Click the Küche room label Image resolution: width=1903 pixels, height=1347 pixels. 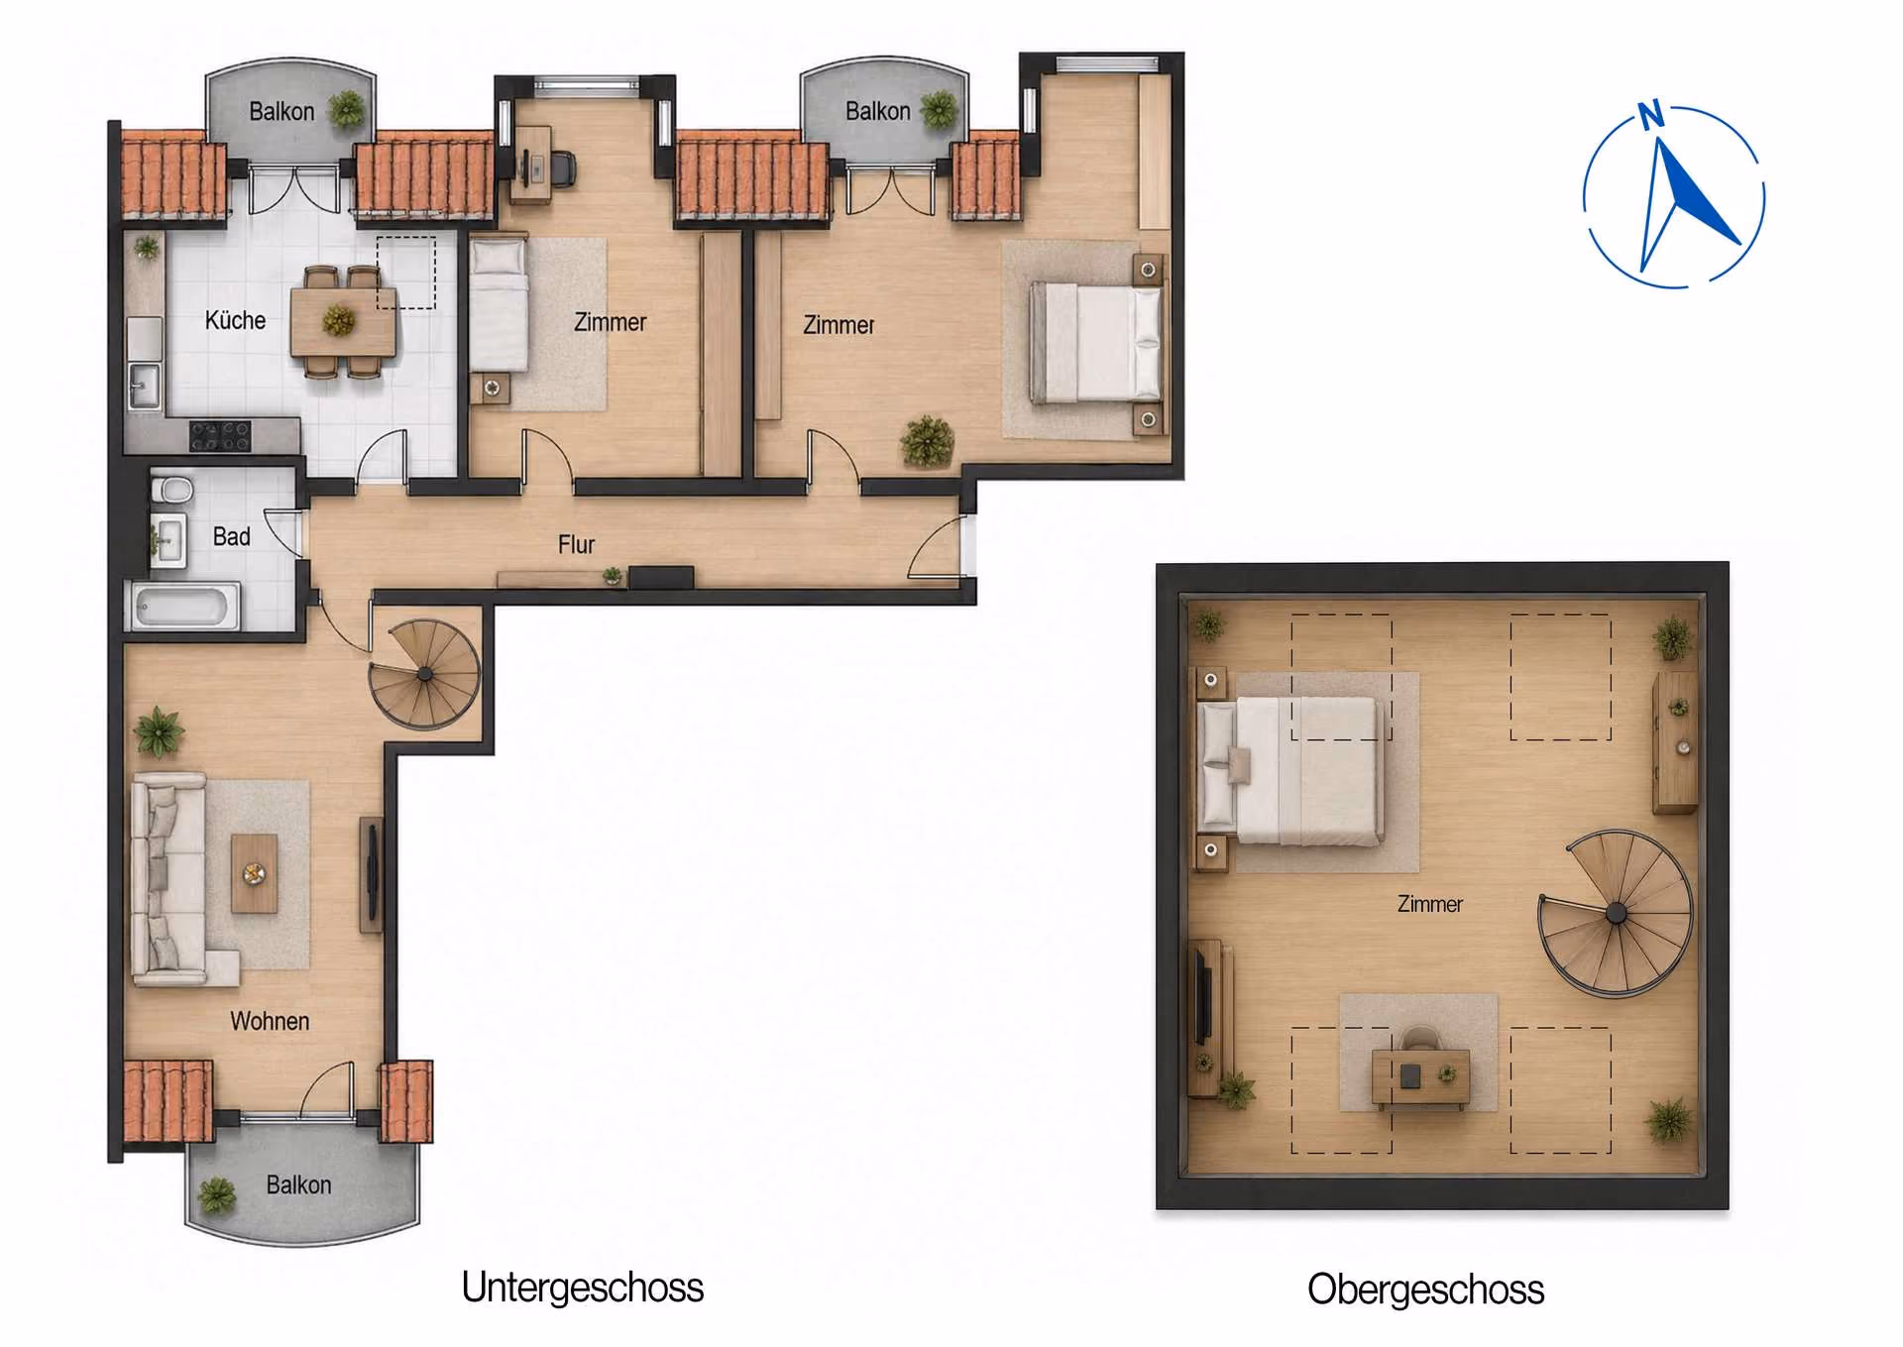[235, 320]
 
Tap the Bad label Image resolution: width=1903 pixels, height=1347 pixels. [231, 536]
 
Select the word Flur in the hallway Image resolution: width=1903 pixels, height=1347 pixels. [576, 544]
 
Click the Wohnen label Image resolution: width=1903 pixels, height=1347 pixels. [270, 1021]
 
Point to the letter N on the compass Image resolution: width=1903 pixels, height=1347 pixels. [1650, 115]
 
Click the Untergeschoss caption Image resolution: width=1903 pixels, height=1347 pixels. [583, 1288]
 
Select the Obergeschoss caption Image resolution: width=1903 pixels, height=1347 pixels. [1425, 1290]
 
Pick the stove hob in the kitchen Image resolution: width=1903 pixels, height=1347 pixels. [220, 436]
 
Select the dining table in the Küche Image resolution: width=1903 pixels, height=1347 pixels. [343, 321]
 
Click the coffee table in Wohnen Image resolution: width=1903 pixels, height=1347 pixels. [255, 873]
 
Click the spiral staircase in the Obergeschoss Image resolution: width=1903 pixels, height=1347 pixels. [1616, 913]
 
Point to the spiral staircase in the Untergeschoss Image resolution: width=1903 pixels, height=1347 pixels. [425, 674]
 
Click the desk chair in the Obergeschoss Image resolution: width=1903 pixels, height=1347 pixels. [1421, 1039]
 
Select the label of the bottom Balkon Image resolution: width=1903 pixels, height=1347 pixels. [298, 1184]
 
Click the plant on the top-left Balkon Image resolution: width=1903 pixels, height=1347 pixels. [347, 108]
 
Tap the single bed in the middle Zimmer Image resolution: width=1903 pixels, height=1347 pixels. [499, 303]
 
